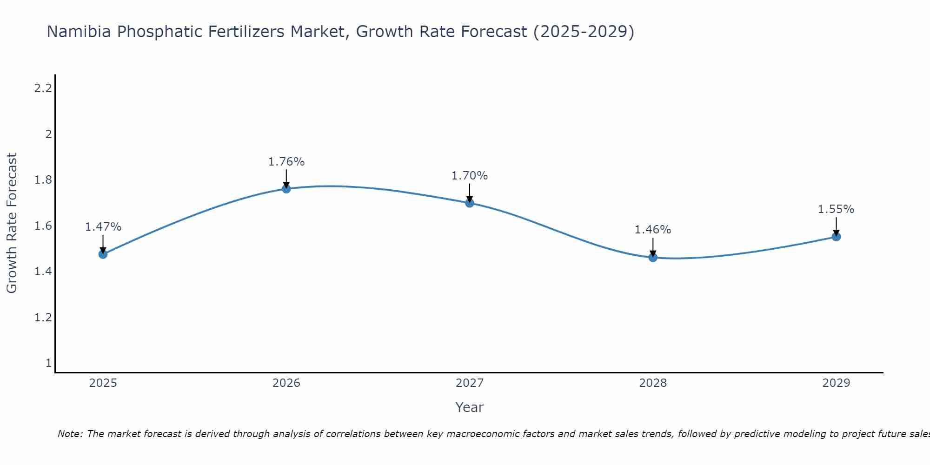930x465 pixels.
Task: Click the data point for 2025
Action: tap(103, 254)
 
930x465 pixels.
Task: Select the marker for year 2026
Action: tap(286, 188)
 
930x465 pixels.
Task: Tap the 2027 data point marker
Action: tap(470, 203)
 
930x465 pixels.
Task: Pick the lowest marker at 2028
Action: tap(653, 257)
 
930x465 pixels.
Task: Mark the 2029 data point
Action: tap(836, 237)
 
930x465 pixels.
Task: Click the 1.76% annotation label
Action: tap(286, 162)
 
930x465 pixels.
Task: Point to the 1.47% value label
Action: tap(103, 227)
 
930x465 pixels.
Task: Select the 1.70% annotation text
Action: tap(470, 176)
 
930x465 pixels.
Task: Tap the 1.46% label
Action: tap(653, 230)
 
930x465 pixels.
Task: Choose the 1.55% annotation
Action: tap(836, 209)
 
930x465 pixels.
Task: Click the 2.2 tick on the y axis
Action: tap(43, 88)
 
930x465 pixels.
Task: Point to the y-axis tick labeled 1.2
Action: tap(43, 318)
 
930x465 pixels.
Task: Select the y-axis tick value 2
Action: tap(48, 134)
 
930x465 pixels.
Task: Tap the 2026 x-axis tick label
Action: tap(286, 383)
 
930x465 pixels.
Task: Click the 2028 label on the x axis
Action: tap(653, 383)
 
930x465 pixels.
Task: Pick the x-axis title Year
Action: tap(470, 407)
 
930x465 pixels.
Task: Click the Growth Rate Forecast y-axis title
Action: tap(12, 223)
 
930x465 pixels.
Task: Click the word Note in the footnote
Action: tap(70, 434)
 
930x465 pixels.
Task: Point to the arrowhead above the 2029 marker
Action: tap(836, 232)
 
